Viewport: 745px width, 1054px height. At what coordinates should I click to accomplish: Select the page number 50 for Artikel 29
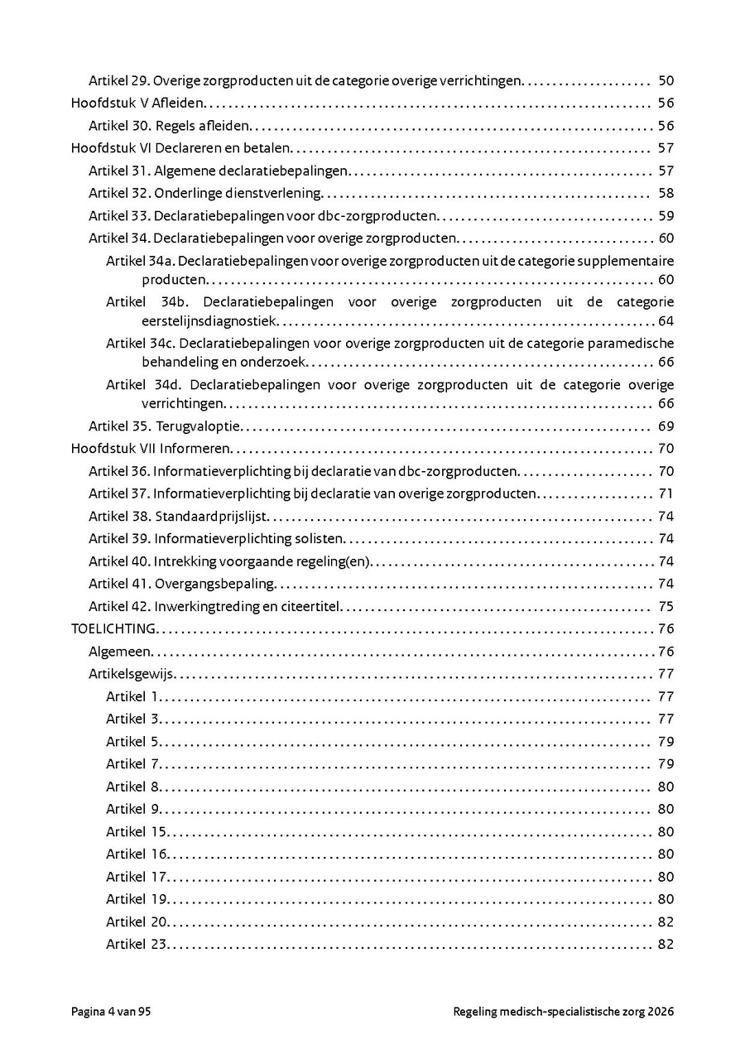coord(666,81)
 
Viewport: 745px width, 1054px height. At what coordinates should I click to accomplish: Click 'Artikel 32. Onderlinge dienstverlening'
coord(204,193)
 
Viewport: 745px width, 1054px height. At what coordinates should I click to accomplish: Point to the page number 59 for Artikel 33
coord(666,216)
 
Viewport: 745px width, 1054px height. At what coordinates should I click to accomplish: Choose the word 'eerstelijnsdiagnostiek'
coord(211,321)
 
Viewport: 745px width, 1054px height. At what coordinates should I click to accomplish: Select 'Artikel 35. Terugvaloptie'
coord(164,426)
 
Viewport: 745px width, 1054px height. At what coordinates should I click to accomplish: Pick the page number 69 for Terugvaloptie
coord(666,426)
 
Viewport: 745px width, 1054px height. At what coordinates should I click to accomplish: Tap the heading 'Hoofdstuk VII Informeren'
coord(150,449)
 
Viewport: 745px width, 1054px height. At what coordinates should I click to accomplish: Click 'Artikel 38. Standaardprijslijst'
coord(179,517)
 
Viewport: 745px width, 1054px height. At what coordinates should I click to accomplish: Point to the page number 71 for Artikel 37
coord(666,494)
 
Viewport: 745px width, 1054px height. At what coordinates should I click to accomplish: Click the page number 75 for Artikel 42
coord(666,606)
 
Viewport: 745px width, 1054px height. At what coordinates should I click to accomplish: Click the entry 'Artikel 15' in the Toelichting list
coord(137,831)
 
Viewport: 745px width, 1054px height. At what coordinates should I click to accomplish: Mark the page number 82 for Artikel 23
coord(666,945)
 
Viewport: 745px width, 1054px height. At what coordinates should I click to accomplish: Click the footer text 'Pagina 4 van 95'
coord(111,1012)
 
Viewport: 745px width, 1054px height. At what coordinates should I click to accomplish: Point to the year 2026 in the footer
coord(661,1012)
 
